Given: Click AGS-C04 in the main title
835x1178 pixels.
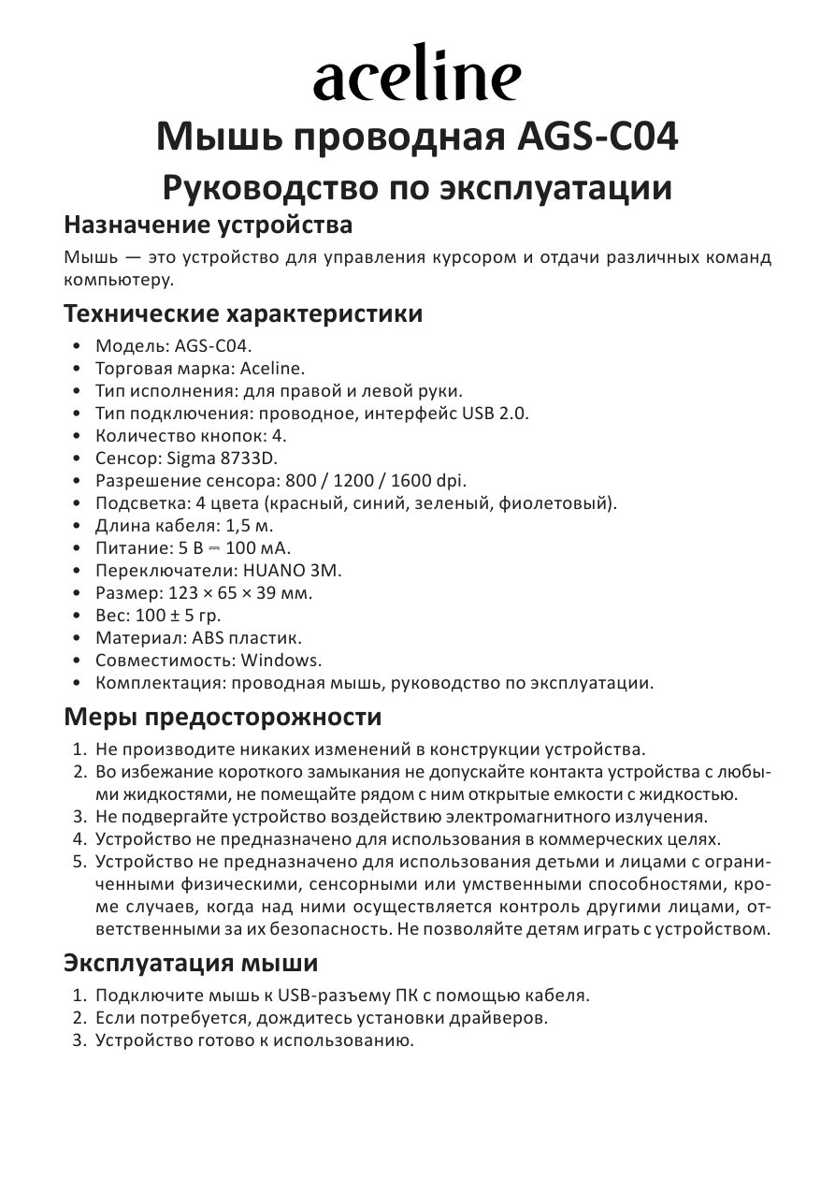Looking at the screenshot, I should (x=597, y=138).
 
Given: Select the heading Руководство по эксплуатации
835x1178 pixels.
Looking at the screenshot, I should (x=417, y=187).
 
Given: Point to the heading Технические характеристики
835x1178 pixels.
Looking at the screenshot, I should (x=243, y=313).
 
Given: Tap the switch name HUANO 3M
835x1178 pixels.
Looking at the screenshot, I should (x=293, y=571).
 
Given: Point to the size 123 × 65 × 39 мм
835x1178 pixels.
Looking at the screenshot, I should (x=240, y=593).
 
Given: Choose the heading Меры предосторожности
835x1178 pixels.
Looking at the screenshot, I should (x=223, y=718).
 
